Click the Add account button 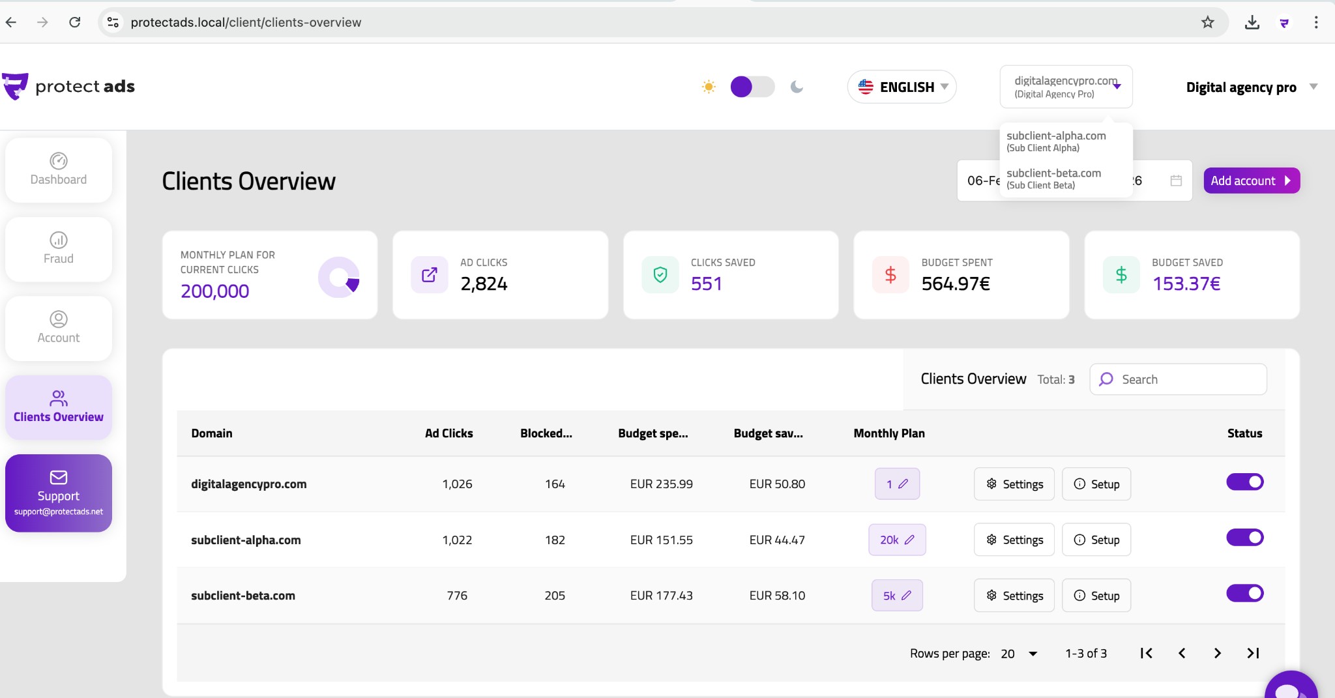[1251, 181]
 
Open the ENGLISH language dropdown [902, 87]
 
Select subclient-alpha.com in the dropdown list [1056, 141]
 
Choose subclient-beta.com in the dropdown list [1053, 178]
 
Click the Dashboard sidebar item [59, 169]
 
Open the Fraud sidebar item [59, 249]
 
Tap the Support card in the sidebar [59, 493]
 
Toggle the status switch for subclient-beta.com [1244, 593]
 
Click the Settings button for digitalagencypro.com [1014, 484]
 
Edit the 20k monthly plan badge [897, 540]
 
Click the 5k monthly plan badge [897, 596]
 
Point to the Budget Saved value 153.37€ [1186, 284]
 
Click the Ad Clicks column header [448, 433]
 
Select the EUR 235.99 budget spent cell [661, 484]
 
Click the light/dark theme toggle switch [752, 87]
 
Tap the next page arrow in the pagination [1217, 653]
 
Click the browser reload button [75, 22]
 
